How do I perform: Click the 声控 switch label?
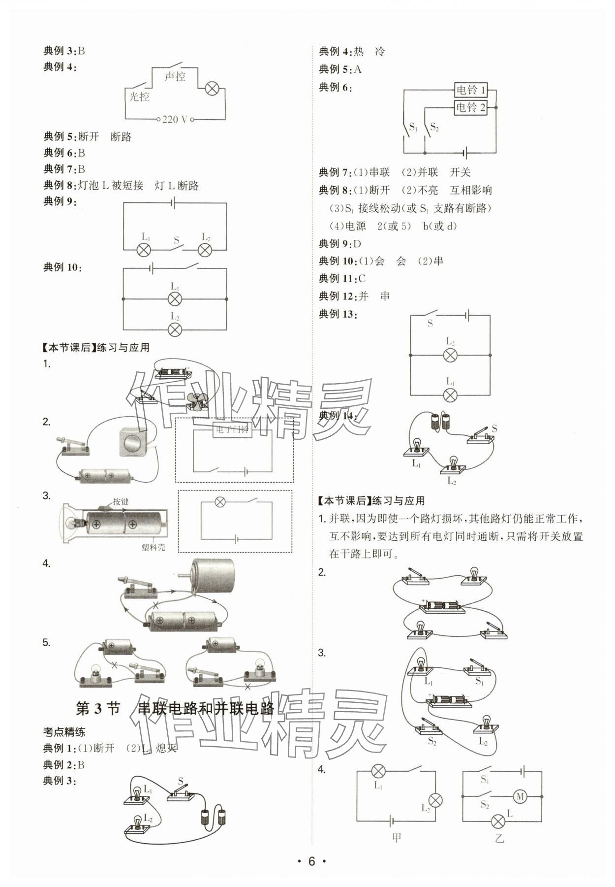(175, 76)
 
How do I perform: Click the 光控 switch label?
(139, 97)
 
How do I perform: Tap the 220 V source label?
(175, 119)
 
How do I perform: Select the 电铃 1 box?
(470, 90)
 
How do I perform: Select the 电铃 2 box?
(470, 107)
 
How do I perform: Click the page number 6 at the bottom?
(311, 861)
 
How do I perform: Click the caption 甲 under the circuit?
(397, 837)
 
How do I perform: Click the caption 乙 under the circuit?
(499, 838)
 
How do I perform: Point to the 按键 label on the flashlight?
(121, 501)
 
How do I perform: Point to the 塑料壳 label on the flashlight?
(153, 547)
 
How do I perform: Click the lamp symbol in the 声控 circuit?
(212, 89)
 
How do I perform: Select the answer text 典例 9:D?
(340, 243)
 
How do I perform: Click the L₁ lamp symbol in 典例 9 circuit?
(144, 250)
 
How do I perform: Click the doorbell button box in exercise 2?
(132, 441)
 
